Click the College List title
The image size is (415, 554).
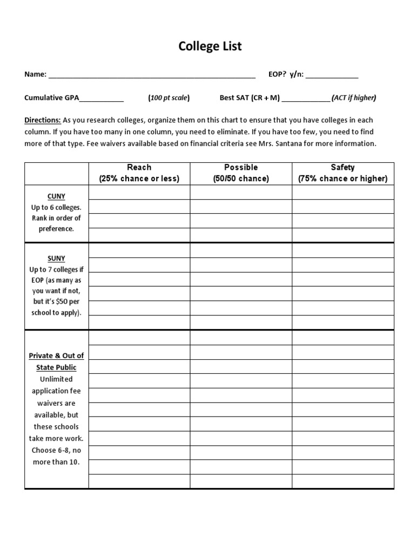210,47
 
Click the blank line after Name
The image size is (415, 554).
152,75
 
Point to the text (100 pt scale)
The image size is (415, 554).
169,98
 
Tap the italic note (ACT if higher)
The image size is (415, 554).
354,98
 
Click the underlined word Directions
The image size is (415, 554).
42,120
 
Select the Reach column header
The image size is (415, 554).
139,168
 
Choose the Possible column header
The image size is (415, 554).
241,168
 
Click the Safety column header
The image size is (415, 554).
343,168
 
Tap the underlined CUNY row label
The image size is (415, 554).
56,196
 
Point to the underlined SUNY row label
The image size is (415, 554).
56,259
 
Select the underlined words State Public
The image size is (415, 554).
56,367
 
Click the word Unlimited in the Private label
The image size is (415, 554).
56,379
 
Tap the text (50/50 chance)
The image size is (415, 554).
241,179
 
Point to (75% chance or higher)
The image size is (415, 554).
343,179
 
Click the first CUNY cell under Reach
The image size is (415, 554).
139,193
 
